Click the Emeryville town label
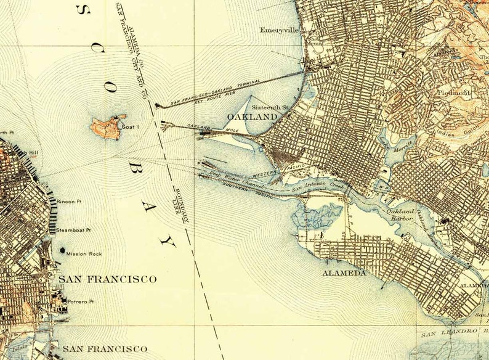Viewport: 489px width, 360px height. pyautogui.click(x=278, y=30)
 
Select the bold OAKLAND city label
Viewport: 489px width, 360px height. pyautogui.click(x=252, y=117)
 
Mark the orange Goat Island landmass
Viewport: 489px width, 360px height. pyautogui.click(x=107, y=128)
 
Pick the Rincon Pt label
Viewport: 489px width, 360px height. pyautogui.click(x=68, y=202)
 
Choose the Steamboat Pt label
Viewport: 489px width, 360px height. pyautogui.click(x=73, y=230)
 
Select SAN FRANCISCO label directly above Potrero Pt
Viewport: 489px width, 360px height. pyautogui.click(x=107, y=279)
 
